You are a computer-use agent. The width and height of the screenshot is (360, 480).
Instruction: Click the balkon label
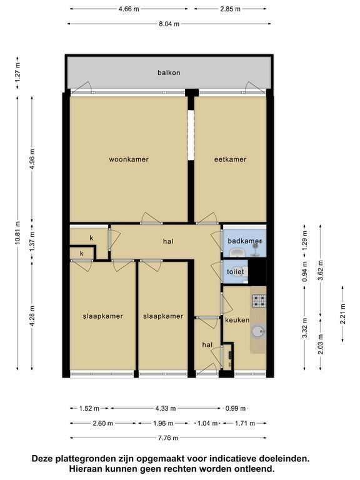point(169,72)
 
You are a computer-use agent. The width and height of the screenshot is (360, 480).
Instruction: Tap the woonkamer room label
point(129,159)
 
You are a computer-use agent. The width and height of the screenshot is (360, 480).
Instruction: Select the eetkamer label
point(230,159)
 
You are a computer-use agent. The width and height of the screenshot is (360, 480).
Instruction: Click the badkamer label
point(244,241)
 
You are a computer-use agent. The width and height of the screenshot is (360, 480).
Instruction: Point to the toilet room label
point(236,271)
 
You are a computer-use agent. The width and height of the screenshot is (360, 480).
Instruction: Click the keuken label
point(237,320)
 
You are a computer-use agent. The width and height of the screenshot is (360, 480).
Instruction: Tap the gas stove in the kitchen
point(259,301)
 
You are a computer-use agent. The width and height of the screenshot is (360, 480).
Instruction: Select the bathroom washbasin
point(237,253)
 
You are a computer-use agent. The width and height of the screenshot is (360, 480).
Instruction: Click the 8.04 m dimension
point(169,24)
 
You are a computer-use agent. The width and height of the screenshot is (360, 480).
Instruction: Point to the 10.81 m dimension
point(17,232)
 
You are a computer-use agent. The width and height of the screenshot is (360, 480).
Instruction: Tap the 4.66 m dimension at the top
point(129,9)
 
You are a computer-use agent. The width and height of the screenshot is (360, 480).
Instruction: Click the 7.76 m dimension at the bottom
point(168,437)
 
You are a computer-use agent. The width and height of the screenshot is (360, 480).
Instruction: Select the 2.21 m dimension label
point(342,314)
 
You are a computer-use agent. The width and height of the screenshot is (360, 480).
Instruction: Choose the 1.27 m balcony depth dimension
point(17,73)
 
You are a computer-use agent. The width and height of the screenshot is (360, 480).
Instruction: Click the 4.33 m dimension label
point(166,408)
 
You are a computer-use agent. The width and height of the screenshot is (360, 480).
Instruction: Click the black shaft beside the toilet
point(257,272)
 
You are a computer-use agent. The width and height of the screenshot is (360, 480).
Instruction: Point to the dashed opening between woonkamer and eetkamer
point(191,135)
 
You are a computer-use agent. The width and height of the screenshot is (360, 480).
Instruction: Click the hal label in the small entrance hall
point(207,345)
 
